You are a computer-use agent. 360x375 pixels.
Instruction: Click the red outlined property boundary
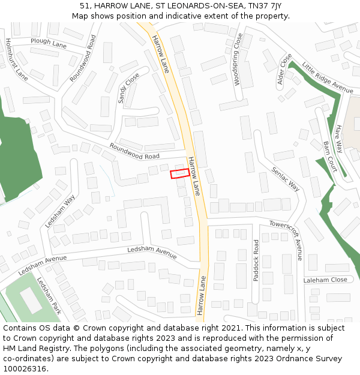[x=180, y=173]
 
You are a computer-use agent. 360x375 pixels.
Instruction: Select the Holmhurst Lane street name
[x=17, y=59]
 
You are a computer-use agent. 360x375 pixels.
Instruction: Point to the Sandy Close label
[x=128, y=88]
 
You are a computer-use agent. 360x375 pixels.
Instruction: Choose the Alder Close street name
[x=284, y=71]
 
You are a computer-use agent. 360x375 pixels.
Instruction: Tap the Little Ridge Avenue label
[x=328, y=77]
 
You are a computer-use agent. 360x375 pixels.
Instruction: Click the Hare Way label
[x=340, y=138]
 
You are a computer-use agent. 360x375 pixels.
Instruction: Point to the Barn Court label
[x=330, y=157]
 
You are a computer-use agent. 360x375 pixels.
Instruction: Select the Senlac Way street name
[x=286, y=178]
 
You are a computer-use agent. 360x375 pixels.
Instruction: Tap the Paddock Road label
[x=256, y=260]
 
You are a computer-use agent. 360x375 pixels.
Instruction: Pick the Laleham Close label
[x=325, y=280]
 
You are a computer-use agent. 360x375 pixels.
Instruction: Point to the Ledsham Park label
[x=50, y=296]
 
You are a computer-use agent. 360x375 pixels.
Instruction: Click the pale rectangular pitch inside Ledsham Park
[x=31, y=301]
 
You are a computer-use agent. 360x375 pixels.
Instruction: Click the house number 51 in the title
[x=85, y=5]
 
